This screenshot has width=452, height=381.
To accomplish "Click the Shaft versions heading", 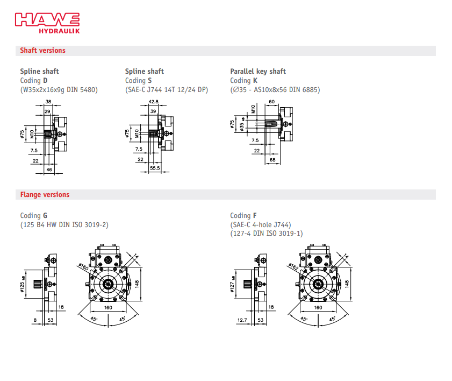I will pyautogui.click(x=42, y=51).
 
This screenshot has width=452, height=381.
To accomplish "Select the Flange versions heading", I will pyautogui.click(x=45, y=195).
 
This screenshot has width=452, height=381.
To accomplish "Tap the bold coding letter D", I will pyautogui.click(x=45, y=81).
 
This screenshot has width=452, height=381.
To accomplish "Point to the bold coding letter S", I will pyautogui.click(x=150, y=81).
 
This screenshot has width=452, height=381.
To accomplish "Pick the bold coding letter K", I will pyautogui.click(x=255, y=81).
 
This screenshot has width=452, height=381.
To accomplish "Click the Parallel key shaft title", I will pyautogui.click(x=258, y=71).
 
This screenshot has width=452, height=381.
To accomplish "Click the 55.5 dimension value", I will pyautogui.click(x=155, y=168).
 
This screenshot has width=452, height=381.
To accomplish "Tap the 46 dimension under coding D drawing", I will pyautogui.click(x=49, y=170).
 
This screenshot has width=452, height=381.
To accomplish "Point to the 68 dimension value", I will pyautogui.click(x=272, y=160).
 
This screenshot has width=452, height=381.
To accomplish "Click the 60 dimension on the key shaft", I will pyautogui.click(x=271, y=101).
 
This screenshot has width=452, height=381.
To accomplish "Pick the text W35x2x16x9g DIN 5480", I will pyautogui.click(x=59, y=90).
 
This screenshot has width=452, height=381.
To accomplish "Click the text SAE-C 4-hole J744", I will pyautogui.click(x=261, y=224).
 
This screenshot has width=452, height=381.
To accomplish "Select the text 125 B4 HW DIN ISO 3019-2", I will pyautogui.click(x=64, y=224).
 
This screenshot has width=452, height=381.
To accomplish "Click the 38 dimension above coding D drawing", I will pyautogui.click(x=48, y=101).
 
